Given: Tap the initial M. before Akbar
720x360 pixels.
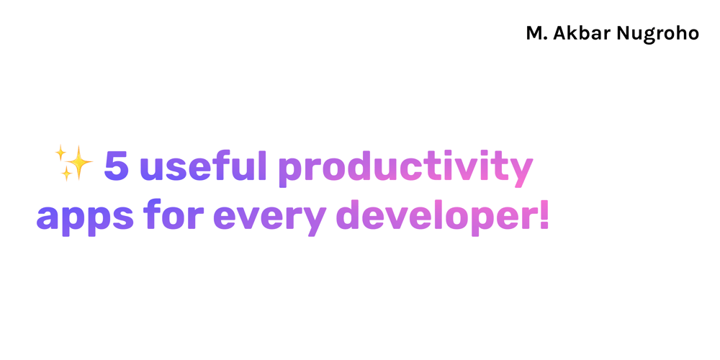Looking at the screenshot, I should pyautogui.click(x=537, y=33).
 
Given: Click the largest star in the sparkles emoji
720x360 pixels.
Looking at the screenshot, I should pyautogui.click(x=78, y=162).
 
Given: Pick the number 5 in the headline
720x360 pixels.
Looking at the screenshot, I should pyautogui.click(x=117, y=166).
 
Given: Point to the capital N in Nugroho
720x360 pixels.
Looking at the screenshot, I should pyautogui.click(x=623, y=33).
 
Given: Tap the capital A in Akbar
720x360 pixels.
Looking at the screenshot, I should pyautogui.click(x=560, y=33).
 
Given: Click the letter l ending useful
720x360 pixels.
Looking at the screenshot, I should pyautogui.click(x=262, y=165).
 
